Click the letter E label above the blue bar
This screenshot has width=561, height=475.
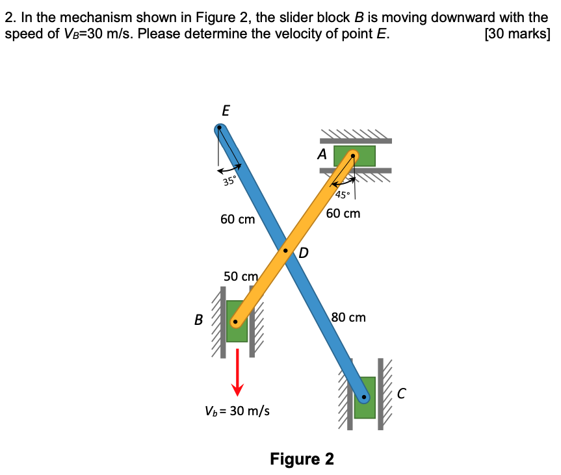[226, 110]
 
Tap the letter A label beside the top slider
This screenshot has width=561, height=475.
[322, 154]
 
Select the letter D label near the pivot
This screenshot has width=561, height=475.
[303, 253]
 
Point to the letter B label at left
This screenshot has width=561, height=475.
[198, 320]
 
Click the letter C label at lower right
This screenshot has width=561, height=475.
[402, 393]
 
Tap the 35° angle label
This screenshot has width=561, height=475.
[229, 181]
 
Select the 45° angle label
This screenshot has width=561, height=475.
[343, 195]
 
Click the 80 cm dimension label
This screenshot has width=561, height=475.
[348, 317]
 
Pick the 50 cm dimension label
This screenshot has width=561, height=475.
[241, 276]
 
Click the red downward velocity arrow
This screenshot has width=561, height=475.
[237, 372]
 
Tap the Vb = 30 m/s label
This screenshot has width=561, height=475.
[237, 411]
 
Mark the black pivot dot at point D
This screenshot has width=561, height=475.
[285, 250]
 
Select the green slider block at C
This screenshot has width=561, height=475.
[365, 398]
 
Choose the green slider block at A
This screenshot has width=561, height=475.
[354, 156]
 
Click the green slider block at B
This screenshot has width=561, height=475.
[237, 321]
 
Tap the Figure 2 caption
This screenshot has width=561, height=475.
[302, 459]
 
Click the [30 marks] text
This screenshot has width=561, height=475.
[517, 34]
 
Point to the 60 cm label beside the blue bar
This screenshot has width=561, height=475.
[237, 219]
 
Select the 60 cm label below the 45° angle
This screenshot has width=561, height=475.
[343, 213]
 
